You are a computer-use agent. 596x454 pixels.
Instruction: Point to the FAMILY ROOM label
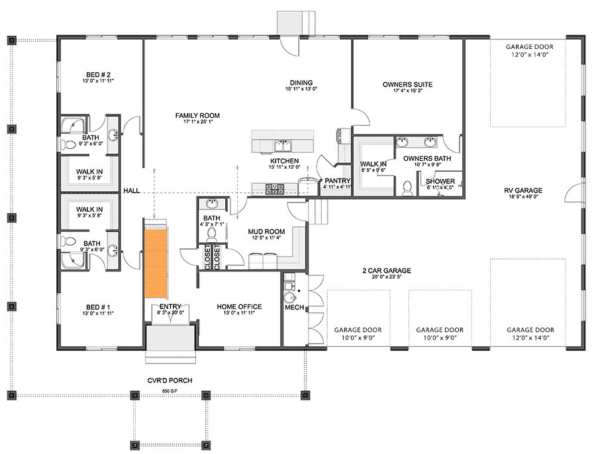click(x=197, y=116)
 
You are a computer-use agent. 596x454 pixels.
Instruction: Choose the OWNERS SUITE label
click(x=407, y=85)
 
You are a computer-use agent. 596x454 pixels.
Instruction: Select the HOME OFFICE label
click(x=239, y=307)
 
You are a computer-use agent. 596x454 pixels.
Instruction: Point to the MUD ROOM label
click(x=266, y=232)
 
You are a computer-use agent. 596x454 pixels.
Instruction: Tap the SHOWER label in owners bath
click(x=440, y=181)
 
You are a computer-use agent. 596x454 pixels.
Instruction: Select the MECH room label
click(x=294, y=308)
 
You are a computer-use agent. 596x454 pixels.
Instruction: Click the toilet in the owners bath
click(x=408, y=188)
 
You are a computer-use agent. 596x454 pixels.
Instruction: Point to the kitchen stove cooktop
click(x=274, y=189)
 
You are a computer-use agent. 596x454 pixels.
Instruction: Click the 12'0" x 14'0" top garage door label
click(x=529, y=56)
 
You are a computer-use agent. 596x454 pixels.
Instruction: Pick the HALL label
click(x=131, y=191)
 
